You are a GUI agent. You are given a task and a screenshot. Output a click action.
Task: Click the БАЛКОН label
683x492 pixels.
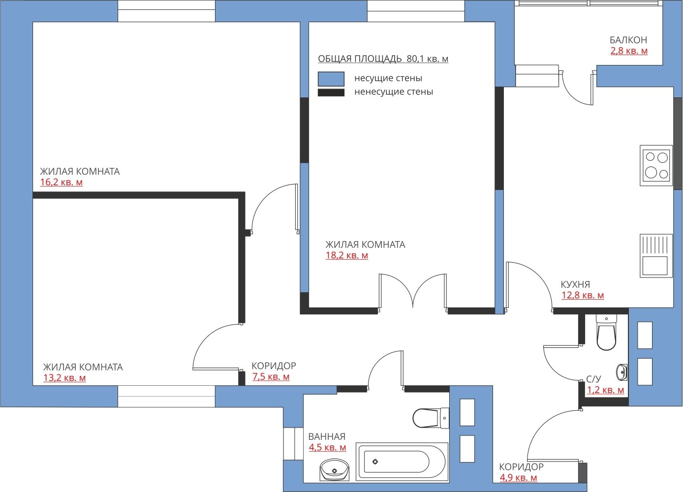(628, 40)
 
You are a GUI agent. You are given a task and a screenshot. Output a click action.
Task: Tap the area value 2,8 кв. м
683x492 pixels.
(629, 51)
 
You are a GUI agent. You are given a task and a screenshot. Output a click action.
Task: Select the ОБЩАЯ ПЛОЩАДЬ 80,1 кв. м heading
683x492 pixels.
(383, 59)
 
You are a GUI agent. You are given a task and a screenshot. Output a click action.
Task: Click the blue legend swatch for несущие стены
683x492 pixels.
(331, 79)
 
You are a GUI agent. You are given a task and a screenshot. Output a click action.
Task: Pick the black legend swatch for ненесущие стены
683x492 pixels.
(331, 92)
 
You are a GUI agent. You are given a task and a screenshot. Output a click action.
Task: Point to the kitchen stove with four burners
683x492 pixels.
(656, 165)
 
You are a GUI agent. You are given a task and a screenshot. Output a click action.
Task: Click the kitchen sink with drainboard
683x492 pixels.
(656, 256)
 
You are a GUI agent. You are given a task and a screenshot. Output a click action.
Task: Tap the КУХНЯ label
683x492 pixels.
(575, 284)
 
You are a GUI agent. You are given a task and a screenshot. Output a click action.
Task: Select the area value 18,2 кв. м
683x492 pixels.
(347, 255)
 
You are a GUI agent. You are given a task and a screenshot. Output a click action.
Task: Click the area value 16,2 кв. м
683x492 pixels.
(62, 183)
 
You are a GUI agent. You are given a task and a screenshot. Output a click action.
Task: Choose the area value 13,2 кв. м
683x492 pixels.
(64, 378)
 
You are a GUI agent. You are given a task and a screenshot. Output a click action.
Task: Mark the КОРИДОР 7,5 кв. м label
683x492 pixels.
(274, 371)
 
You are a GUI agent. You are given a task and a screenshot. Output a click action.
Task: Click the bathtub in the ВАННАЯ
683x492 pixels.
(402, 462)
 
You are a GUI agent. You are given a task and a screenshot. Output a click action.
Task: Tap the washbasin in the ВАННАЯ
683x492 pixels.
(334, 470)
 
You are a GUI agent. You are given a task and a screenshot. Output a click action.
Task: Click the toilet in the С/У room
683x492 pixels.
(606, 333)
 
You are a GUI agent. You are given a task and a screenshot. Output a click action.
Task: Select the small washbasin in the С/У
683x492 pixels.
(621, 372)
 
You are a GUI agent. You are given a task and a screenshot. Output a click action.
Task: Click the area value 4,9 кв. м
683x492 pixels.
(518, 478)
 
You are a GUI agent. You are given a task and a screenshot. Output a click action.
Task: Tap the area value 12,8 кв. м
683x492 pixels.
(583, 295)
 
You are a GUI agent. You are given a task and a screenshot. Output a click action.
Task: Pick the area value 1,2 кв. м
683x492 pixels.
(606, 390)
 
